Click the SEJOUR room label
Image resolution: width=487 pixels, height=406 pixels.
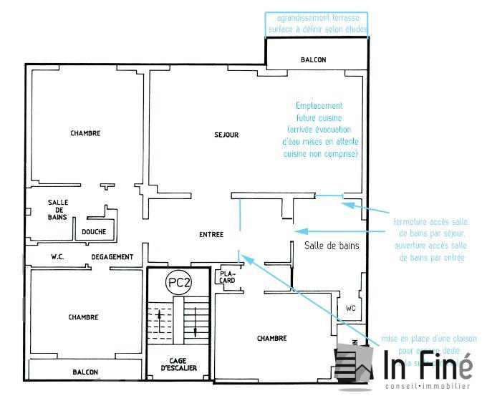pyautogui.click(x=226, y=135)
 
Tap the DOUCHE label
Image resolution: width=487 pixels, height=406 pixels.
pyautogui.click(x=94, y=232)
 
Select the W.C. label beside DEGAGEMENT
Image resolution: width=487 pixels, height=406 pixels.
pyautogui.click(x=59, y=256)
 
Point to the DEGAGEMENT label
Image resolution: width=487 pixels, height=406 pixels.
pyautogui.click(x=112, y=256)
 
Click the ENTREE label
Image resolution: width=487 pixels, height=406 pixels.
pyautogui.click(x=211, y=235)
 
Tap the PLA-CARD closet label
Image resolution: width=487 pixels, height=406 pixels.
pyautogui.click(x=228, y=276)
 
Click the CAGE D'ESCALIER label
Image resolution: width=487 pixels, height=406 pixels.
pyautogui.click(x=178, y=364)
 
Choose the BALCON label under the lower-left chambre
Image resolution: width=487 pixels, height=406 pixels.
pyautogui.click(x=85, y=372)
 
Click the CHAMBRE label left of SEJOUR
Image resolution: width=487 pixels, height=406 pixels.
pyautogui.click(x=85, y=133)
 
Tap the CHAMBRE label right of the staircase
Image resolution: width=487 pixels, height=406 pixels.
pyautogui.click(x=272, y=339)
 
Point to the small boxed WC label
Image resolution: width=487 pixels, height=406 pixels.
pyautogui.click(x=350, y=309)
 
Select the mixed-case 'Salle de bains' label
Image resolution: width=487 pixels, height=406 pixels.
pyautogui.click(x=332, y=245)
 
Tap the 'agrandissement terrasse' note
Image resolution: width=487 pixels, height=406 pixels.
pyautogui.click(x=317, y=17)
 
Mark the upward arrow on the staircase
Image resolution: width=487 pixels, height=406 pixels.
pyautogui.click(x=159, y=315)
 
